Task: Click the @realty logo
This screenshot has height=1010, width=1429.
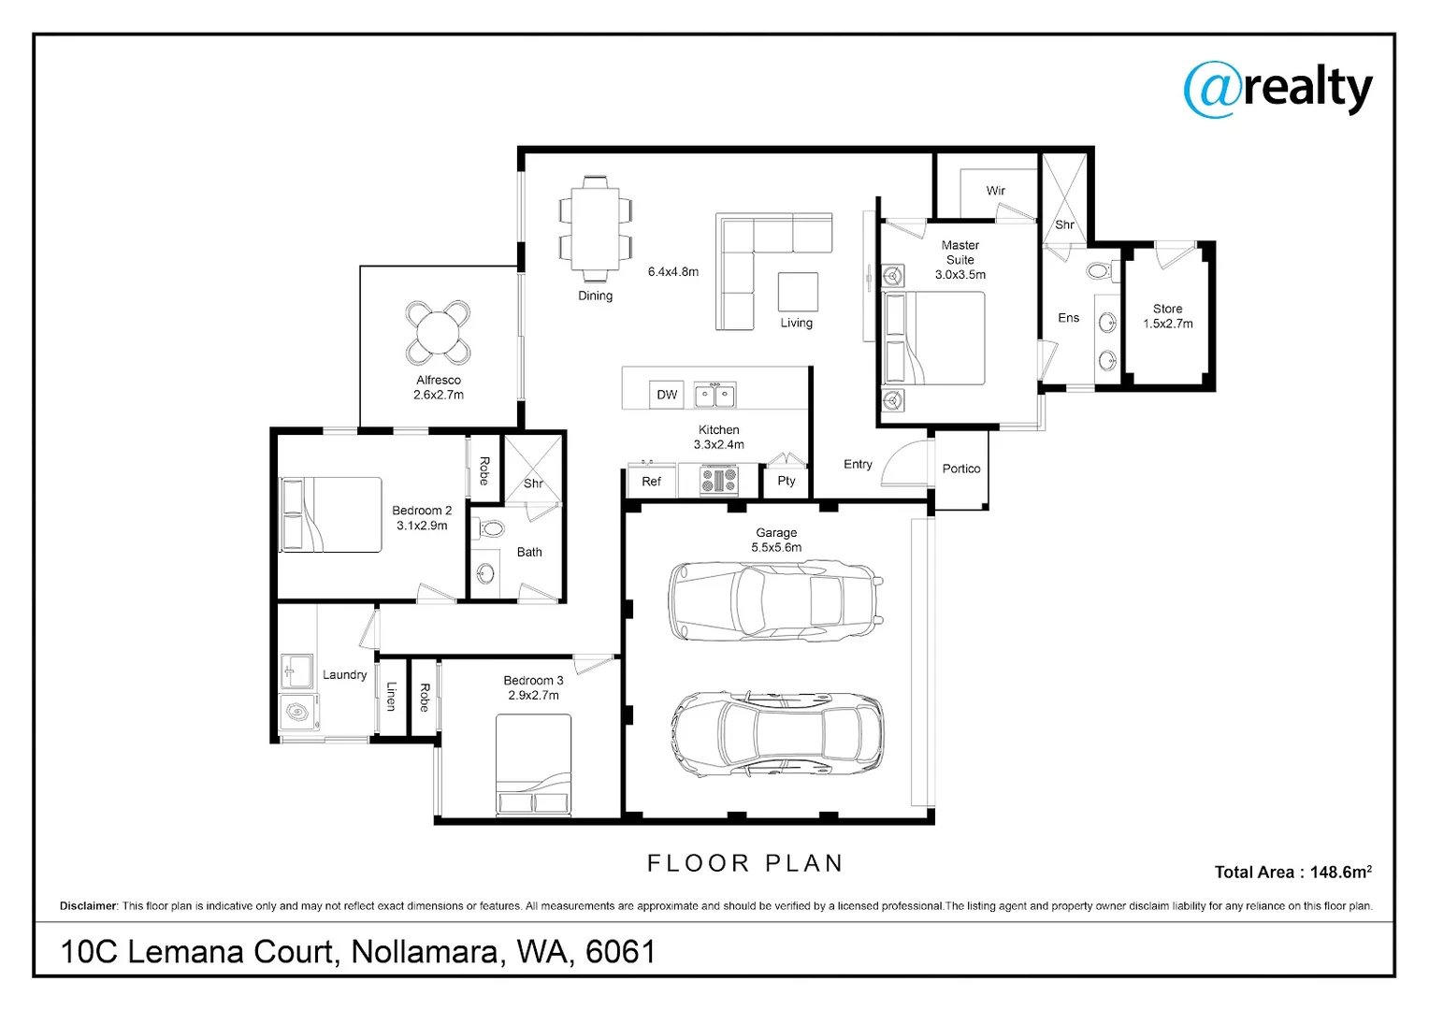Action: [x=1277, y=90]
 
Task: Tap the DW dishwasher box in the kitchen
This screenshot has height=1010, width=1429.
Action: [x=667, y=395]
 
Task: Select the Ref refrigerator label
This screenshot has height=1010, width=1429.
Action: [x=651, y=482]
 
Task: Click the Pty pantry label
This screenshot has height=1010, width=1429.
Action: [x=786, y=481]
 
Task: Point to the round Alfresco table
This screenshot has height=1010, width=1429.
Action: [x=438, y=332]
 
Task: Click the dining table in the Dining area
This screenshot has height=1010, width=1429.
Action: [x=595, y=229]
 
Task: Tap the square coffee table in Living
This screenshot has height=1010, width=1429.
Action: [x=798, y=292]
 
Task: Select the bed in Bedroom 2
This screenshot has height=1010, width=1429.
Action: [x=330, y=514]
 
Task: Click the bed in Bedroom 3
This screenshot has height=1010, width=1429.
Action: [x=533, y=765]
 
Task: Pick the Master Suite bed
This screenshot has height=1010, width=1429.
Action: [x=934, y=339]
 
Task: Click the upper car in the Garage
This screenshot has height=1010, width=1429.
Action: [x=775, y=601]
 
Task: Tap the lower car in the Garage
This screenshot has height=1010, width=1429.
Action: [x=776, y=735]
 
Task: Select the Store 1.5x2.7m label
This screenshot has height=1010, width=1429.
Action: [x=1167, y=316]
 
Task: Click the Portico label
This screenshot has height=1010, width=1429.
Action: [x=960, y=469]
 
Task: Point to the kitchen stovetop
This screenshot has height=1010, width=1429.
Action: [x=719, y=481]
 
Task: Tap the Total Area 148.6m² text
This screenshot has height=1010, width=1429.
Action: [x=1292, y=872]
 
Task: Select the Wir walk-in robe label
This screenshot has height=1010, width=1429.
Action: [x=995, y=191]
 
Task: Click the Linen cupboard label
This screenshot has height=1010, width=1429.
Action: [x=392, y=697]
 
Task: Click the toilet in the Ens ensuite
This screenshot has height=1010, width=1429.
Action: [x=1099, y=272]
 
